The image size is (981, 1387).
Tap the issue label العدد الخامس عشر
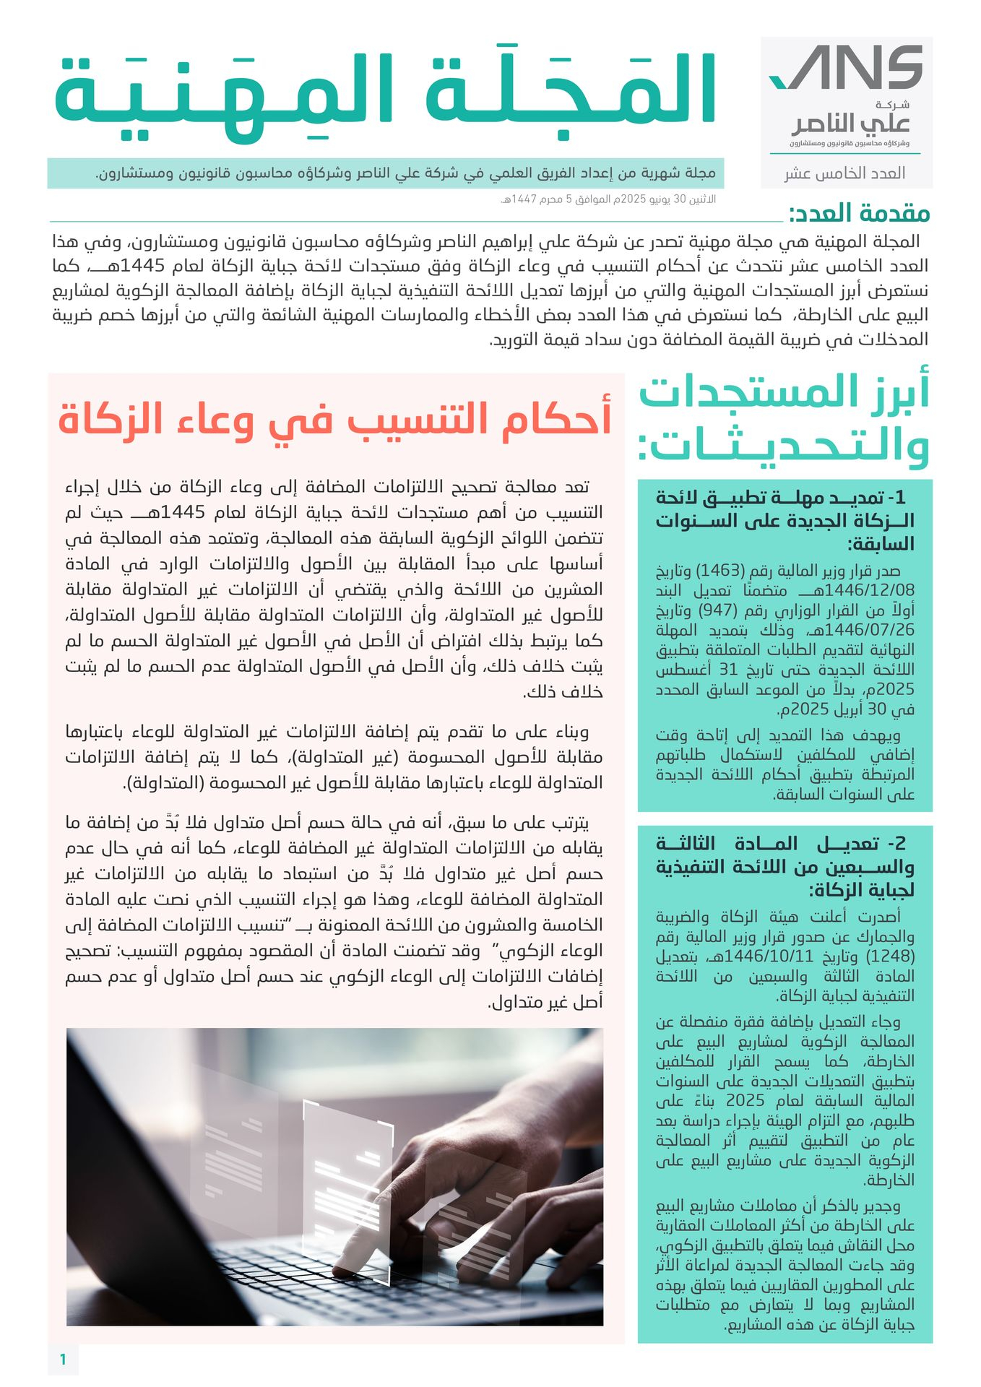(844, 173)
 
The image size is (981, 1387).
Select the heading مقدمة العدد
(859, 214)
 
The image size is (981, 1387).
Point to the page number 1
(63, 1360)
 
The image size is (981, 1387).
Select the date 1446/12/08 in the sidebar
(874, 590)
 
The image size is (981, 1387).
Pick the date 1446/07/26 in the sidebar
(874, 630)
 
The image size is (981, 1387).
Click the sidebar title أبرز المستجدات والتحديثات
(784, 419)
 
